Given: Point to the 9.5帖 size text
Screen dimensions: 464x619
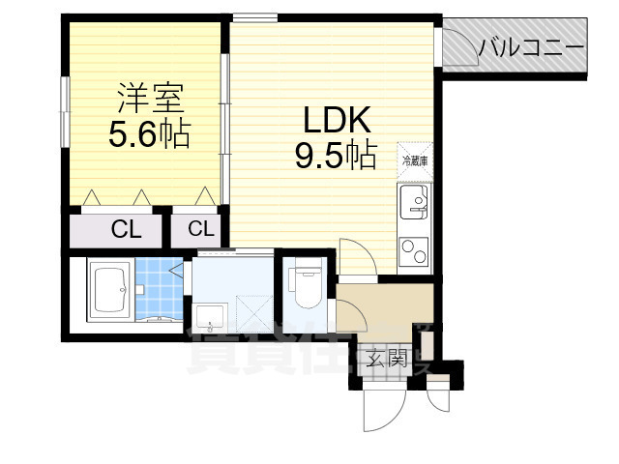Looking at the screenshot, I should point(336,155).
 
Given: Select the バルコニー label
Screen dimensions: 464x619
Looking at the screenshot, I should point(531,44).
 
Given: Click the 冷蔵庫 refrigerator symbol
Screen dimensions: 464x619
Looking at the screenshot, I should point(415,159).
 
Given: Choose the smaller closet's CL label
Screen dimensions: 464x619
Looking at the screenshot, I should point(199,229).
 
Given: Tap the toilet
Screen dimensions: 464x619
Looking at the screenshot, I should point(306,284).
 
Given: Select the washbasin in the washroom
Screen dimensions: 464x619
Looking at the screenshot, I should point(210,317).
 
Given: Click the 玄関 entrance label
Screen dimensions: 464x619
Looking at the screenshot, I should point(386,361).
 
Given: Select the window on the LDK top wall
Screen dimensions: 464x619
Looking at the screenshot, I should point(253,17).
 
